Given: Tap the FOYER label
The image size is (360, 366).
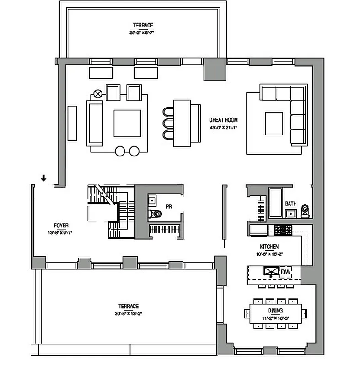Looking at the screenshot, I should click(x=61, y=226).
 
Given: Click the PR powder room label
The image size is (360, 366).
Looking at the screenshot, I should click(x=169, y=207).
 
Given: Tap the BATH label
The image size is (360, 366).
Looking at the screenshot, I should click(x=291, y=204).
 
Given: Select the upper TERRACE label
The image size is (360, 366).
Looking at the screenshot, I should click(x=143, y=26).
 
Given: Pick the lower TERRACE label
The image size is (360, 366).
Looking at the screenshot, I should click(x=128, y=306).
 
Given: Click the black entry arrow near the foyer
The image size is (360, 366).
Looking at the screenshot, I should click(x=43, y=178).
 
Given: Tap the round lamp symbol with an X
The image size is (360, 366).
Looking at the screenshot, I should click(x=97, y=94).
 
